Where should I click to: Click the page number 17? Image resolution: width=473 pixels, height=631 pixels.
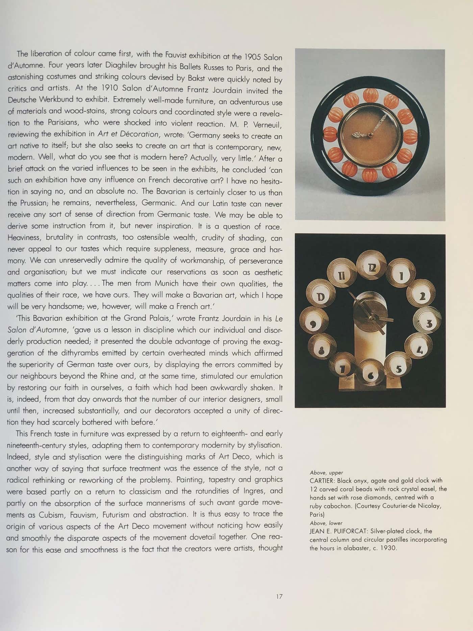[x=279, y=597]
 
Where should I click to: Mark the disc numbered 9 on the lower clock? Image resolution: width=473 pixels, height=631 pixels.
[x=313, y=324]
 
